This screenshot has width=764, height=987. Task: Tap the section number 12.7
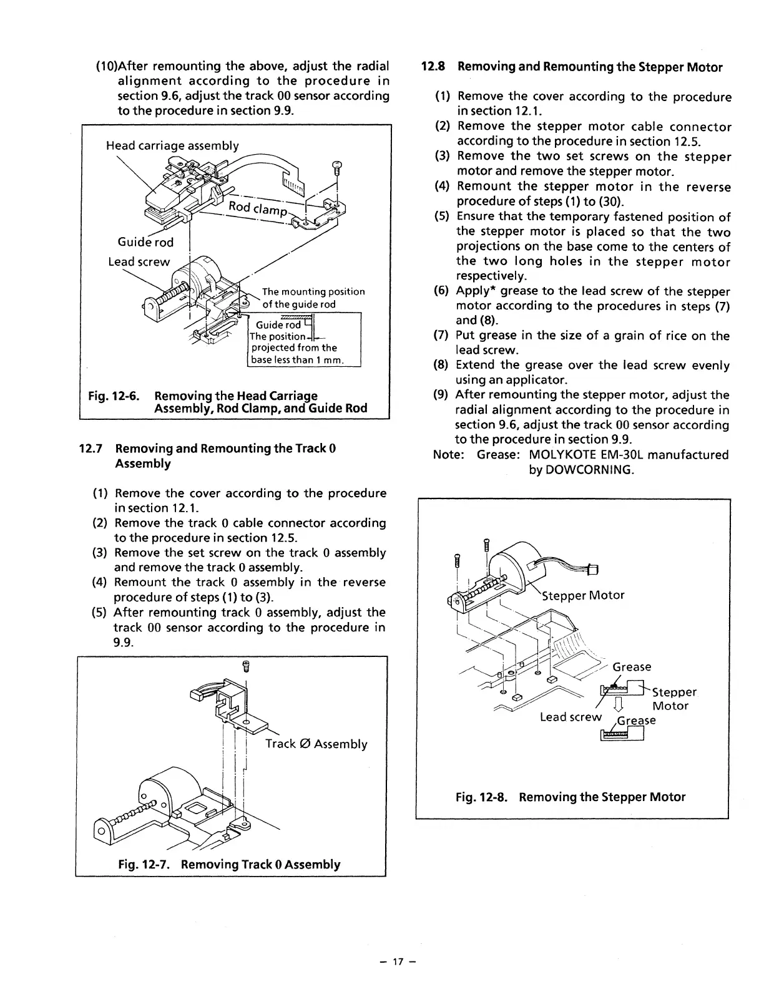[x=92, y=449]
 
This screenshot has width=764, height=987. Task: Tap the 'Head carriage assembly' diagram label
[x=172, y=145]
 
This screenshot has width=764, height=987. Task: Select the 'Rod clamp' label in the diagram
[x=258, y=209]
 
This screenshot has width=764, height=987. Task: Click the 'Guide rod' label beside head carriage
[x=145, y=242]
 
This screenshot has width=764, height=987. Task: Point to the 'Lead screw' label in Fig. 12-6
[x=139, y=261]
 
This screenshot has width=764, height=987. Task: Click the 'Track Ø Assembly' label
[x=316, y=744]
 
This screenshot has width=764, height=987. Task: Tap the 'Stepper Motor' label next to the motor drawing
[x=583, y=595]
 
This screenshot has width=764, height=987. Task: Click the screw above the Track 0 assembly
[x=247, y=667]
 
